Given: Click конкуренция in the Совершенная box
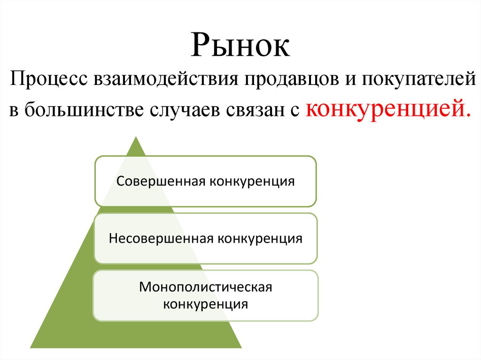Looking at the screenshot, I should click(x=252, y=181).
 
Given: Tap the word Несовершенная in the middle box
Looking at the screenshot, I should click(x=161, y=238).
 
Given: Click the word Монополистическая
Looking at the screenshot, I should click(x=206, y=286).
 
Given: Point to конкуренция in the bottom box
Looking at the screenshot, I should click(x=206, y=304).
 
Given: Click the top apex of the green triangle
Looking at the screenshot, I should click(x=136, y=138).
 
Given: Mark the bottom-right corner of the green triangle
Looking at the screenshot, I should click(x=241, y=347).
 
